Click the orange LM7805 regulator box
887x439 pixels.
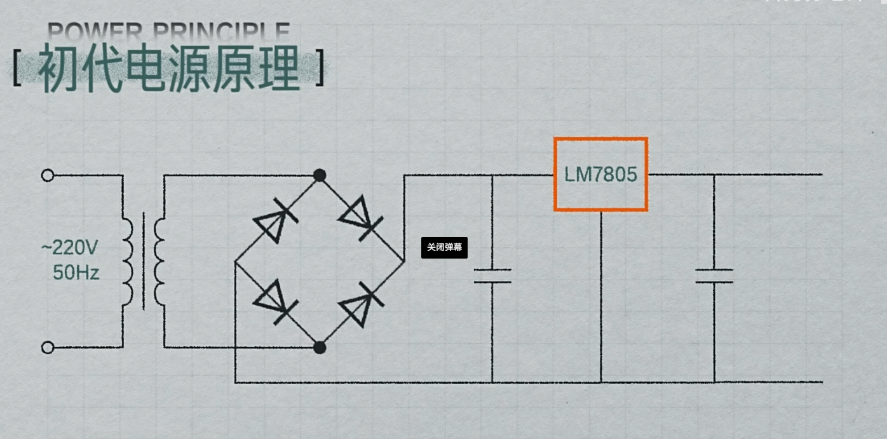(x=600, y=174)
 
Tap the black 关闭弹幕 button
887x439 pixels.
(x=444, y=247)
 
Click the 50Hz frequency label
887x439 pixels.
(x=76, y=273)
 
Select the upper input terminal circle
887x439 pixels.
(x=48, y=175)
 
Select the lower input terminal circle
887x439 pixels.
(x=48, y=347)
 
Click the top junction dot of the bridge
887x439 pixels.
(x=320, y=175)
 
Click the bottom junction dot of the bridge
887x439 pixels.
(x=320, y=347)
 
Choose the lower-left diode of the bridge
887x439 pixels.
(x=275, y=302)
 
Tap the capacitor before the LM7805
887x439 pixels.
(x=492, y=275)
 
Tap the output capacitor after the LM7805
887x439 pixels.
(x=714, y=275)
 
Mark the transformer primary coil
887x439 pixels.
(x=128, y=261)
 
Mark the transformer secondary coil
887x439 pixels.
(x=159, y=261)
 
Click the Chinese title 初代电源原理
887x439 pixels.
(x=168, y=69)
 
